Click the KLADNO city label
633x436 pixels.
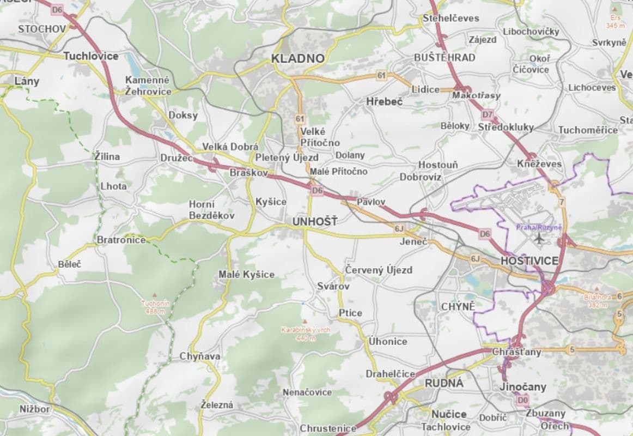click(297, 58)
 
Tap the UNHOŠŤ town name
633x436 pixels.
click(314, 222)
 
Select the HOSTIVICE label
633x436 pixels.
click(529, 261)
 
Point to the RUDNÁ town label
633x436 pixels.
click(444, 383)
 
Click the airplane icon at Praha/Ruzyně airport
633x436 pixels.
click(540, 238)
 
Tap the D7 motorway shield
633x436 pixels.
click(488, 115)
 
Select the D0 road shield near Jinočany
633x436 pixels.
click(523, 400)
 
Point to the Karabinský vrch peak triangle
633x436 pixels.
click(305, 322)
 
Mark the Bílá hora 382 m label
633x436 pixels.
click(597, 301)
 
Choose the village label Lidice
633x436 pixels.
click(425, 89)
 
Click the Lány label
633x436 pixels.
click(27, 81)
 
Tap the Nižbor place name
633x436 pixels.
click(34, 409)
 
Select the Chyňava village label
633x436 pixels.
click(200, 356)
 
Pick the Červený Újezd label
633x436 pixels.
click(379, 270)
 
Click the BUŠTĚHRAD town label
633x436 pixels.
click(444, 57)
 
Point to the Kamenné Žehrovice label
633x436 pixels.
click(148, 86)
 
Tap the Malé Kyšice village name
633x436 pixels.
click(246, 274)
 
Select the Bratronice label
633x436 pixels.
click(121, 240)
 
